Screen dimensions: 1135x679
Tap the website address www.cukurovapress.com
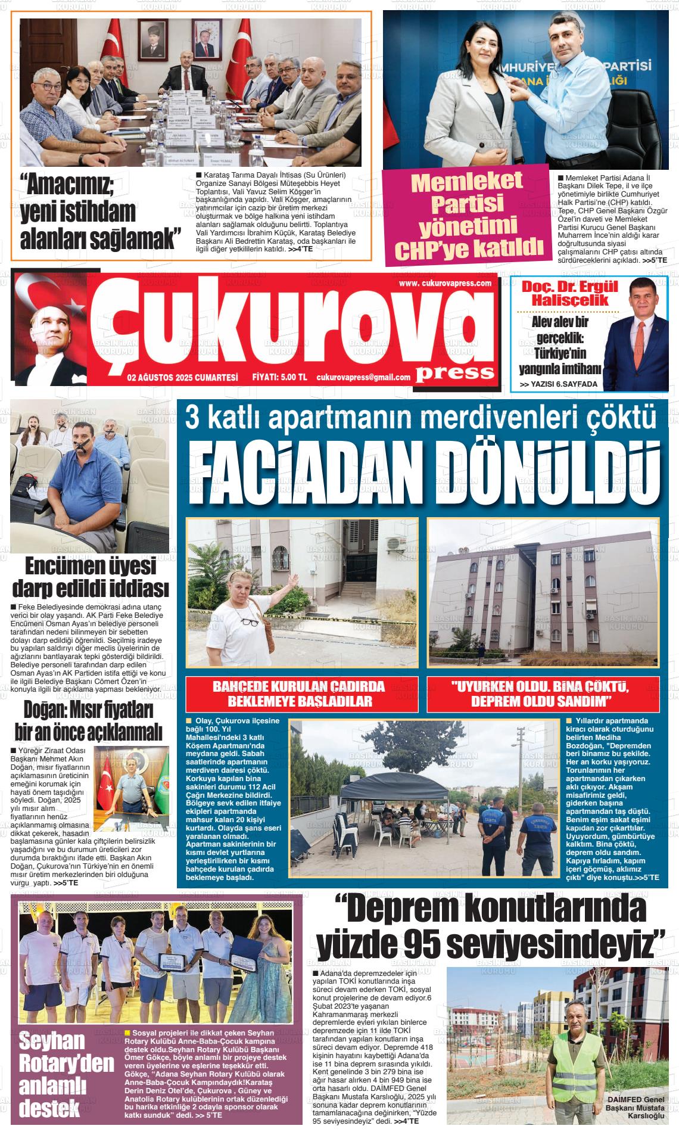pos(445,284)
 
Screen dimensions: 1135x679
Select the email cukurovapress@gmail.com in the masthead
pos(363,377)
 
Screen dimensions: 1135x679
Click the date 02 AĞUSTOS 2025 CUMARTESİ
pos(182,377)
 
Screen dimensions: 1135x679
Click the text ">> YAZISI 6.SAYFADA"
pos(558,384)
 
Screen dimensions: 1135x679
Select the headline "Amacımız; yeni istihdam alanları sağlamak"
pos(101,212)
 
